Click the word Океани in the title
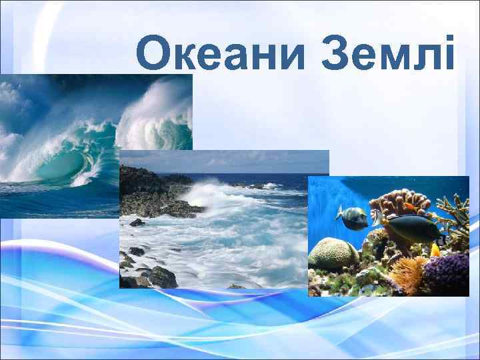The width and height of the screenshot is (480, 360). point(220,54)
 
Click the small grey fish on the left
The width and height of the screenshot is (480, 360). point(353,215)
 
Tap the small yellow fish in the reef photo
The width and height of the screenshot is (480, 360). point(435,249)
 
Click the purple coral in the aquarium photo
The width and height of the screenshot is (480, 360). point(447,273)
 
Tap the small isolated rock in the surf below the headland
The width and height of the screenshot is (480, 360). point(137,223)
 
